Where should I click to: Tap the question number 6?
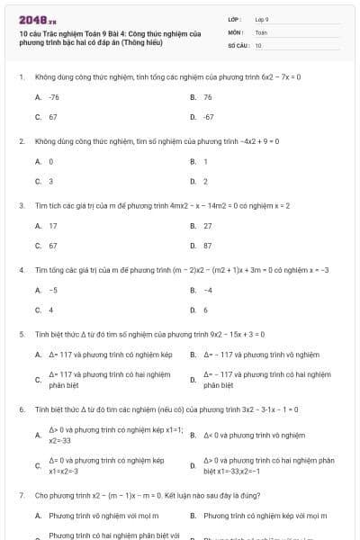pyautogui.click(x=21, y=409)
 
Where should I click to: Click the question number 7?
pyautogui.click(x=21, y=495)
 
